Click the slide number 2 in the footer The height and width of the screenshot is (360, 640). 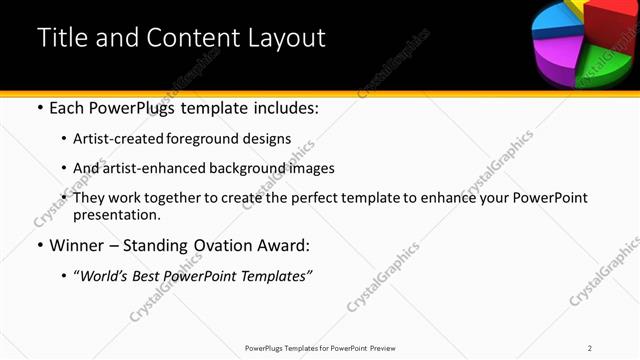pyautogui.click(x=590, y=348)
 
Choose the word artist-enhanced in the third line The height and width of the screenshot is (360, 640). pyautogui.click(x=148, y=168)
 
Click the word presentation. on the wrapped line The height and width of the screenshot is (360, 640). pyautogui.click(x=117, y=214)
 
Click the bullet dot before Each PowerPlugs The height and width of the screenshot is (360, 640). pyautogui.click(x=39, y=108)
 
